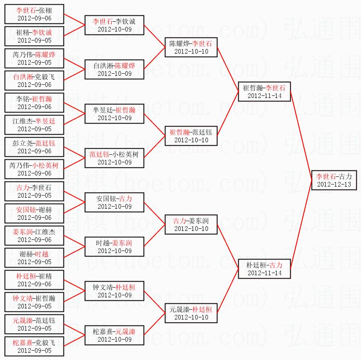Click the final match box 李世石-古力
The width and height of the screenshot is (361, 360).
tap(334, 180)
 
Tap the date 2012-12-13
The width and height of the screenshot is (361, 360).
tap(334, 184)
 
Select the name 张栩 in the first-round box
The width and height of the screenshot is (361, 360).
tap(45, 10)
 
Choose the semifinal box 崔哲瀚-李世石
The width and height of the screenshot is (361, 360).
tap(264, 91)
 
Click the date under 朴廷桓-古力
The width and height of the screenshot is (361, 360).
tap(264, 273)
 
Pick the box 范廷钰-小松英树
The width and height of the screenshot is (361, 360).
tap(114, 158)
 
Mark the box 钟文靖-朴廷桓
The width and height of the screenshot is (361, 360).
tap(114, 291)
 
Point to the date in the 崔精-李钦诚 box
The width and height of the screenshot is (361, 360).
tap(34, 40)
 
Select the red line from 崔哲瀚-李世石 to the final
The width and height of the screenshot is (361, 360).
tap(301, 135)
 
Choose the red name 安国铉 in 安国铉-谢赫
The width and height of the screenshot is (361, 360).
tap(26, 210)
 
